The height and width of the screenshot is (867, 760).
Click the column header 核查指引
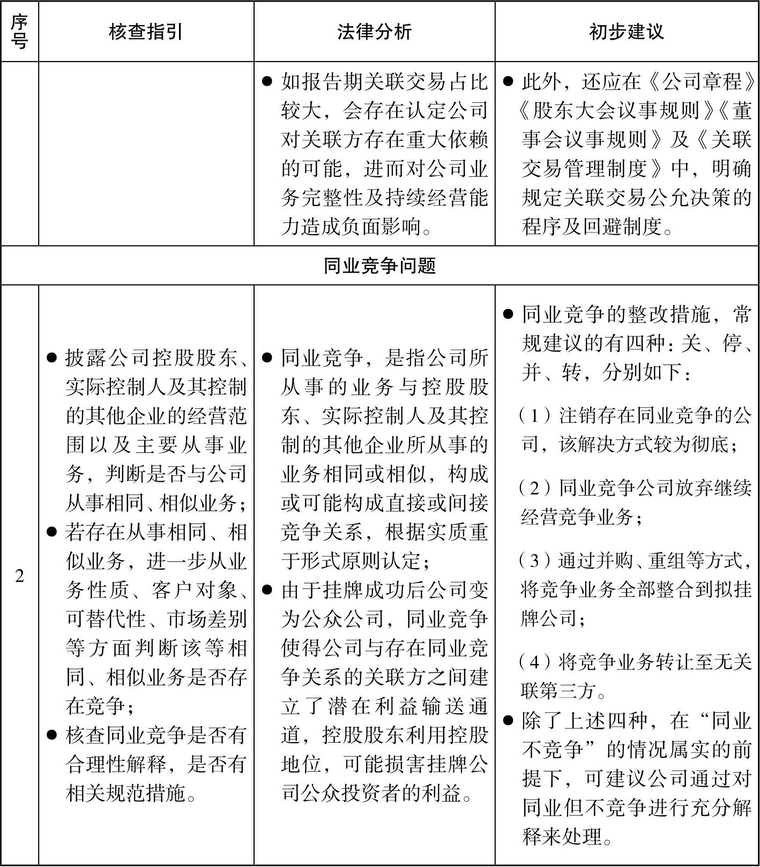click(146, 32)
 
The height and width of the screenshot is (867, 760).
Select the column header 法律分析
click(374, 32)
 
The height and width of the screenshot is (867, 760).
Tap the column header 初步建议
click(626, 32)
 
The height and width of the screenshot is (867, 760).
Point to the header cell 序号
click(19, 32)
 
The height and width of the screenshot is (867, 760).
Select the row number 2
click(19, 577)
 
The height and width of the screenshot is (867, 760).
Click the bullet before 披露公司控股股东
click(52, 358)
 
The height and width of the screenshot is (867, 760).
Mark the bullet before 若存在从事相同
click(52, 532)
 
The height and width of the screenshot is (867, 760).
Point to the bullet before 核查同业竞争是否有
click(52, 735)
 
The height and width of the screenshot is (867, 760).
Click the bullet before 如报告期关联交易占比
click(267, 82)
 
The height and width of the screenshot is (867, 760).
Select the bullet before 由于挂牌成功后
click(267, 590)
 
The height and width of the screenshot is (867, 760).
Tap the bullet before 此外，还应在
click(508, 82)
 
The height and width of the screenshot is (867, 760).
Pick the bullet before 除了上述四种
click(508, 721)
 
